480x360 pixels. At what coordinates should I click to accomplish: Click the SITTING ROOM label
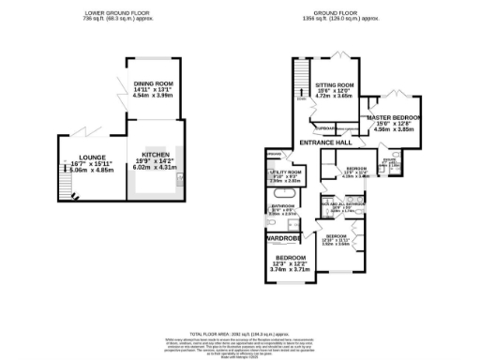click(x=334, y=83)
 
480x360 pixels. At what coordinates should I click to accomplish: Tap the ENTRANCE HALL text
click(x=324, y=142)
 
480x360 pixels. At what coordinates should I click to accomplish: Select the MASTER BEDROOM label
click(x=395, y=117)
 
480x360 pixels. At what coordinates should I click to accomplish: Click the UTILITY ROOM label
click(x=285, y=173)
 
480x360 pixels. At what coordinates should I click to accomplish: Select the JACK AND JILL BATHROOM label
click(x=344, y=204)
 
